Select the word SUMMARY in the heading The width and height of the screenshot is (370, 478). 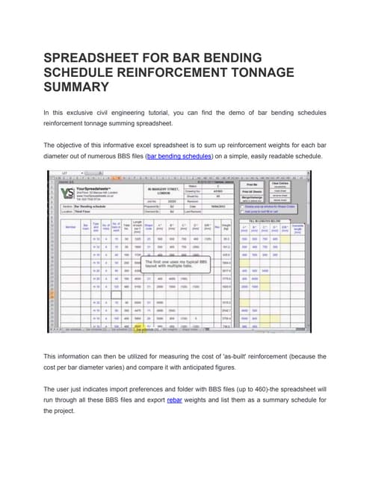coord(76,87)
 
